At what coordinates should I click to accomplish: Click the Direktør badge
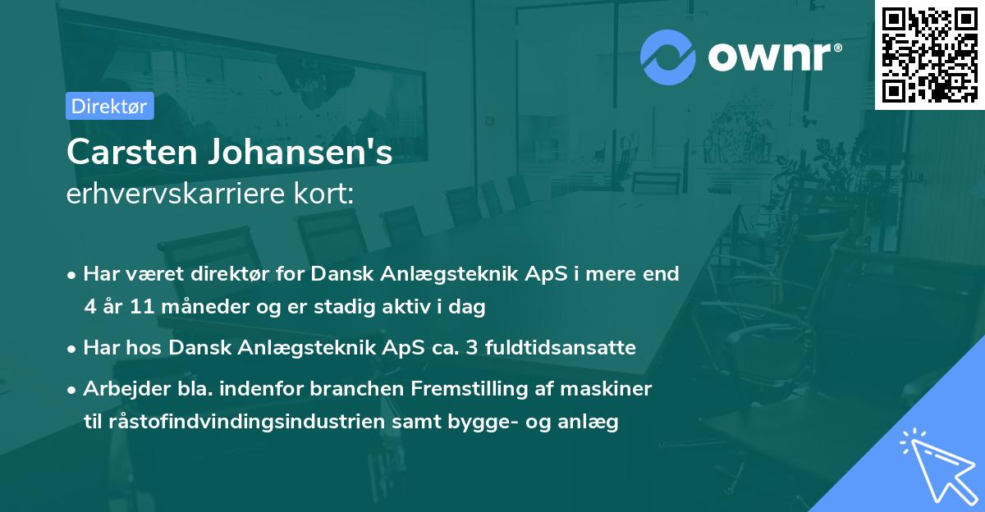[x=109, y=106]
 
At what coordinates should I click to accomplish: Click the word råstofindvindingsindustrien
[x=236, y=422]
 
